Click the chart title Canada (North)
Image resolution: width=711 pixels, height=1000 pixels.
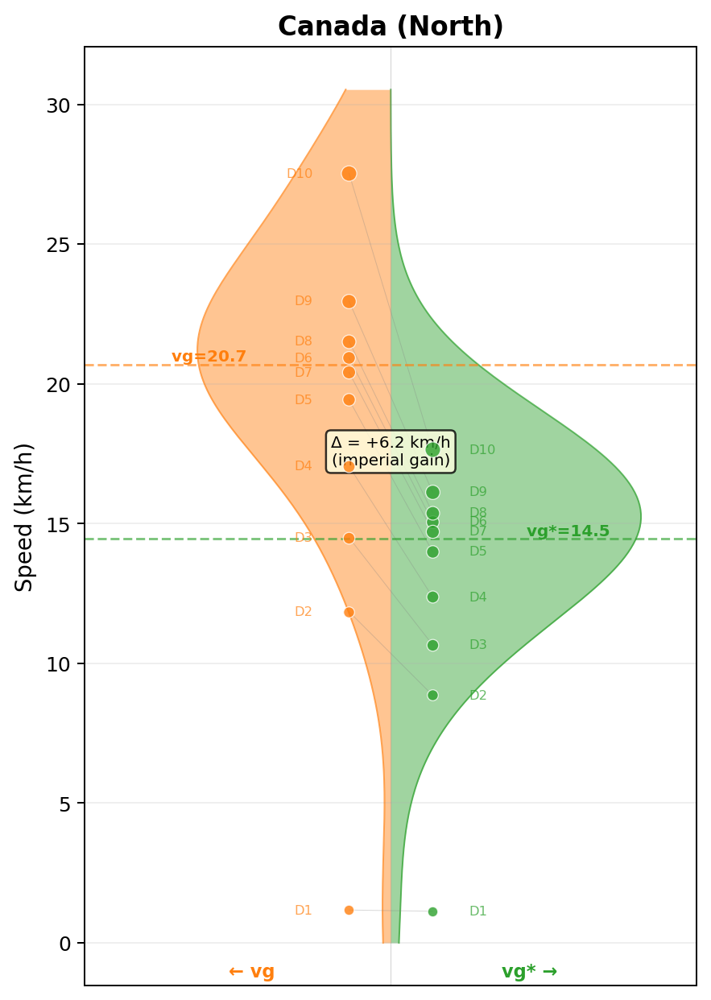coord(391,27)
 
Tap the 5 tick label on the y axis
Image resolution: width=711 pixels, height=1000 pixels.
coord(64,804)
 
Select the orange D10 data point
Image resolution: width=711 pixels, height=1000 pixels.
coord(349,173)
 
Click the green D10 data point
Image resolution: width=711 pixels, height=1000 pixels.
coord(432,449)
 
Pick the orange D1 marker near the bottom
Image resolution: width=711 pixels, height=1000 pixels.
coord(349,910)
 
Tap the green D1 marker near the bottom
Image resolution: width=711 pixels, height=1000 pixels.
coord(432,911)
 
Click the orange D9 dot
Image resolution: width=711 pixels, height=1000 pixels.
coord(349,301)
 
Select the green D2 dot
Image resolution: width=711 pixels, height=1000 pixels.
coord(432,695)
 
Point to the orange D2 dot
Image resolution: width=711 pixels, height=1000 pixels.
coord(349,612)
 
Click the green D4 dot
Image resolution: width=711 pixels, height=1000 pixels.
coord(432,597)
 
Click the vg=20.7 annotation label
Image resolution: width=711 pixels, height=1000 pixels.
coord(209,357)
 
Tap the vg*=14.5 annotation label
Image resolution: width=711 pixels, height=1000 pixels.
coord(568,531)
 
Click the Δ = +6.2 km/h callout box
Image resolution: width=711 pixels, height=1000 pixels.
coord(391,451)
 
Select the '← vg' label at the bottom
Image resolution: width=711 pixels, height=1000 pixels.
coord(251,972)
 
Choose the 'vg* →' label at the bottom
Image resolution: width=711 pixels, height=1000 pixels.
coord(529,972)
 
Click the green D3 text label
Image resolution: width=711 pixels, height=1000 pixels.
coord(478,645)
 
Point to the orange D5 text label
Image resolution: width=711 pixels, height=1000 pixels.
coord(303,400)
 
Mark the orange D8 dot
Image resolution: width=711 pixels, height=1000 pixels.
coord(349,341)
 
